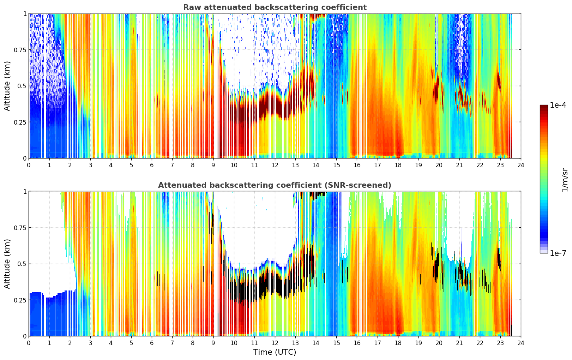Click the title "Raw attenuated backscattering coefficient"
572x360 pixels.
(x=275, y=7)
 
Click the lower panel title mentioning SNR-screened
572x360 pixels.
(x=275, y=185)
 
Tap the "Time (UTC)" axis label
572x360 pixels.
(x=275, y=352)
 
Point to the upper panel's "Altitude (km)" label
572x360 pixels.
(x=7, y=86)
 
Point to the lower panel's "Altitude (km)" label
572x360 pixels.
(x=7, y=264)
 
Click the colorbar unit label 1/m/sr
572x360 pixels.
(x=565, y=180)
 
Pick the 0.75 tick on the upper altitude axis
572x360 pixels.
(x=20, y=50)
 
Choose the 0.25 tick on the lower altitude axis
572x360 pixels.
(x=20, y=300)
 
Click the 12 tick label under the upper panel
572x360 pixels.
(x=275, y=165)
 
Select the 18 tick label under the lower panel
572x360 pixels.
(x=398, y=343)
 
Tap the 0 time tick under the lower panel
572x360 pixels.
(x=29, y=343)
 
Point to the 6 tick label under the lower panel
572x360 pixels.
(x=152, y=343)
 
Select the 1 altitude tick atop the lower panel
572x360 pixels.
(x=25, y=191)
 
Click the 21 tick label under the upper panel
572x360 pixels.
(x=459, y=165)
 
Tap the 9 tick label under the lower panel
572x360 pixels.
(x=213, y=343)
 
